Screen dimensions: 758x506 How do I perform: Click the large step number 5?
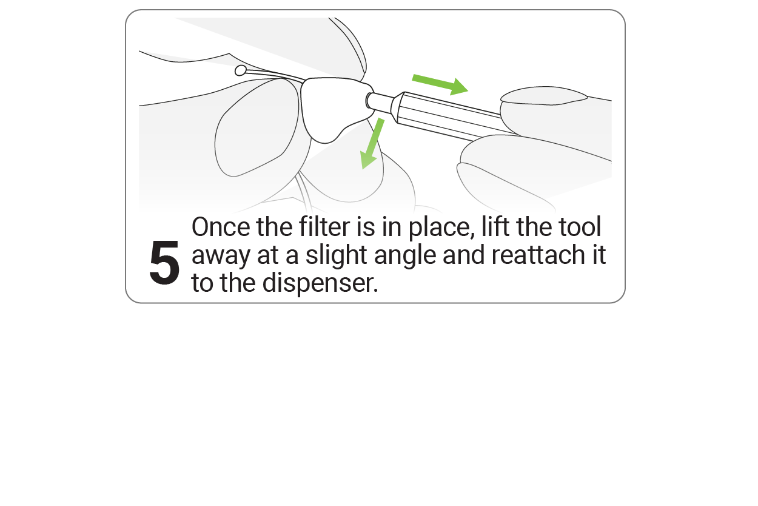point(164,262)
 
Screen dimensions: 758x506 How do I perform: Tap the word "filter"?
point(324,226)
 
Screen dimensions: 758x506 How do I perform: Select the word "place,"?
point(441,228)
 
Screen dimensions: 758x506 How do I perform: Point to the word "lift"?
point(495,226)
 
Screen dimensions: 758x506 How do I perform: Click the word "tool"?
point(580,226)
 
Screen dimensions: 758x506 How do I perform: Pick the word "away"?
point(221,256)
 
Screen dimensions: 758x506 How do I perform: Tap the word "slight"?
point(337,255)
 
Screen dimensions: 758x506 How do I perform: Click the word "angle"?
point(405,255)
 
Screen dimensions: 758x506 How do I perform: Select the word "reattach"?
point(538,255)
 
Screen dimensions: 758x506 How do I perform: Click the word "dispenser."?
point(320,283)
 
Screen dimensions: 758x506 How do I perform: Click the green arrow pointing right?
point(440,84)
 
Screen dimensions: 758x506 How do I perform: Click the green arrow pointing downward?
point(372,144)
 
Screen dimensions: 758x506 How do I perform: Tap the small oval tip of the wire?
point(240,71)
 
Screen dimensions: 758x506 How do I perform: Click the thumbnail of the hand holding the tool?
point(543,95)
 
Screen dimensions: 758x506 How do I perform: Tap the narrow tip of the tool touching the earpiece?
point(378,101)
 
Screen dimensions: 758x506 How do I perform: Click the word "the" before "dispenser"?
point(238,283)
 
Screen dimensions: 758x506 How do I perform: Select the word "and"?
point(464,255)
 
